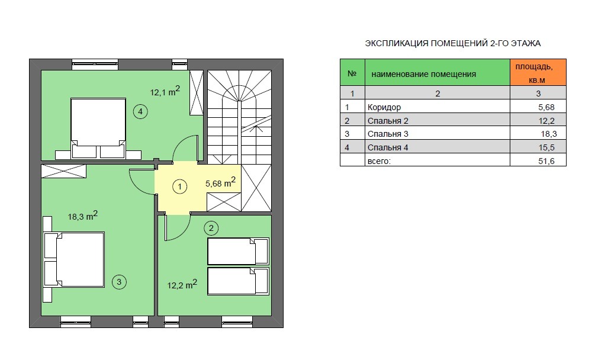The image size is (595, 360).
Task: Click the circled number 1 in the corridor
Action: (179, 187)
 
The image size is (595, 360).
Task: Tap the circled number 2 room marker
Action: (211, 228)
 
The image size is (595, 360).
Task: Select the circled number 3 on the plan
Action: (119, 282)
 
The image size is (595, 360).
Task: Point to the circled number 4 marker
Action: (140, 111)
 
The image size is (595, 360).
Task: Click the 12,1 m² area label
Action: (165, 91)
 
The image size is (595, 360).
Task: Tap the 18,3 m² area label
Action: (83, 216)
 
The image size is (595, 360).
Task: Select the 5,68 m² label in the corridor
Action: (220, 182)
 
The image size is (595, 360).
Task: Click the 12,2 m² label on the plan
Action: (182, 284)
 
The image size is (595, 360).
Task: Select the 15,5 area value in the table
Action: (546, 147)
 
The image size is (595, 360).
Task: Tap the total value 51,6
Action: (546, 161)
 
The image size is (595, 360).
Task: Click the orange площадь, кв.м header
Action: (538, 72)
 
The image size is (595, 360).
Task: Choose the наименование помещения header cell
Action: (437, 72)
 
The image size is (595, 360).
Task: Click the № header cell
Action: (352, 72)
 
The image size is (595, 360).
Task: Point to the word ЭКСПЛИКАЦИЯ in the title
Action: (397, 43)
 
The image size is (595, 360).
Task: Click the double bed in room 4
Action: (98, 128)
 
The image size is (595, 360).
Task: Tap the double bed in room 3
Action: (73, 259)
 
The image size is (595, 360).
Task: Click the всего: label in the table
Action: (379, 161)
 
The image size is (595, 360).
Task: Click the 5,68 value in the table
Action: (546, 107)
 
